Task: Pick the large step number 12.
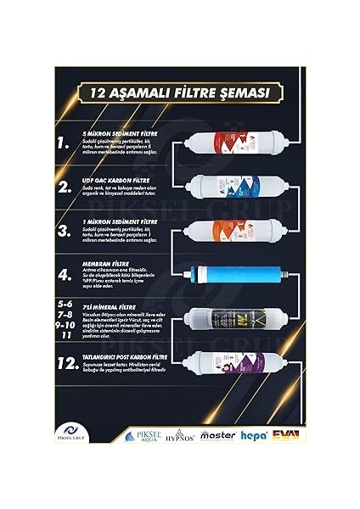click(x=68, y=364)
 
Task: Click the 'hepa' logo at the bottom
click(x=253, y=435)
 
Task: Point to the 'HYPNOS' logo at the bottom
click(x=180, y=435)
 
